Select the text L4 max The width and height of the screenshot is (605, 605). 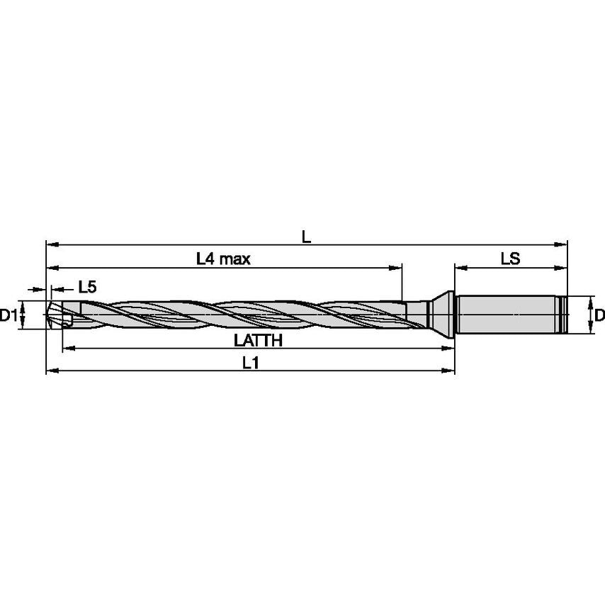[x=224, y=259]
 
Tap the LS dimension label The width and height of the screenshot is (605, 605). [x=511, y=259]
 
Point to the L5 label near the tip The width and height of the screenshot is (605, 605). [x=87, y=288]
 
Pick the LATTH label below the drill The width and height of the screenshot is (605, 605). [x=258, y=341]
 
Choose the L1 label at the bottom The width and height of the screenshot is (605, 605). [x=249, y=363]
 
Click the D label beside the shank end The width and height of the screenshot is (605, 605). [x=599, y=315]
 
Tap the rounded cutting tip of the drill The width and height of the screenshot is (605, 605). [x=53, y=315]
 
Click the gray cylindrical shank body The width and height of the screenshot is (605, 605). [x=507, y=314]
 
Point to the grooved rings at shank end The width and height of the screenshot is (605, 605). [x=564, y=314]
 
